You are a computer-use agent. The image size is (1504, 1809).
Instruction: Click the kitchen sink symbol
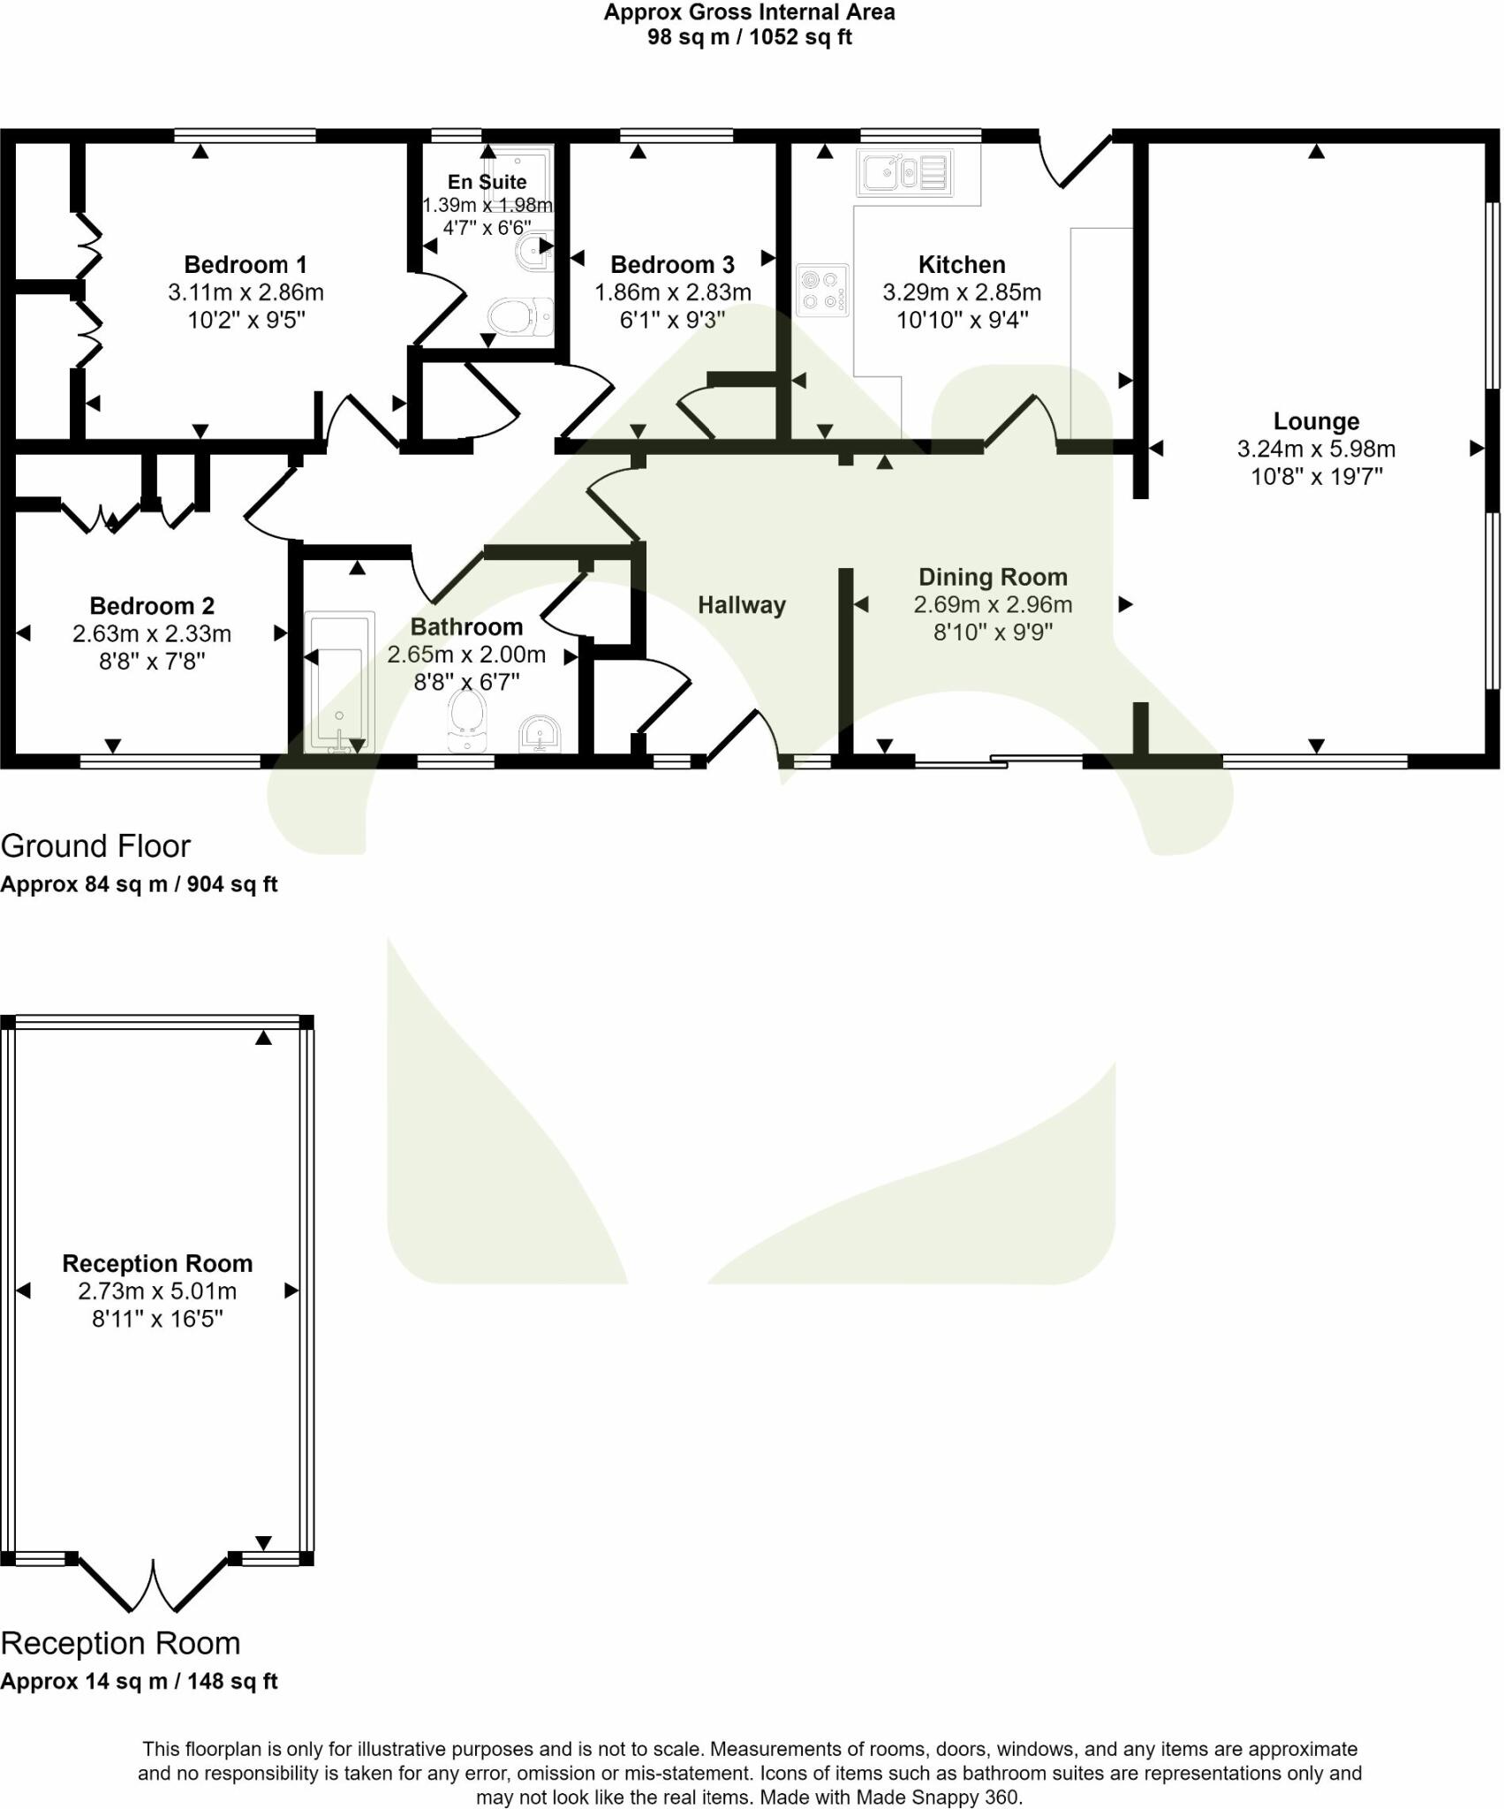pyautogui.click(x=905, y=171)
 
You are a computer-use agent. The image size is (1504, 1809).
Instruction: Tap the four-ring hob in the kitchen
pyautogui.click(x=821, y=290)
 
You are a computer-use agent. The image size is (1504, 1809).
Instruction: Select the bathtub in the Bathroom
pyautogui.click(x=339, y=682)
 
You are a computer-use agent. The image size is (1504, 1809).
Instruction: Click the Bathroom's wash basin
pyautogui.click(x=539, y=734)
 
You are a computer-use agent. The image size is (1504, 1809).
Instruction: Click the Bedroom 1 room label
pyautogui.click(x=245, y=264)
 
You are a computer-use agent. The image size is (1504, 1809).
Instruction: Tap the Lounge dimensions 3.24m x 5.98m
pyautogui.click(x=1315, y=449)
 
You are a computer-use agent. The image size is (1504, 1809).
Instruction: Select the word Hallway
pyautogui.click(x=741, y=605)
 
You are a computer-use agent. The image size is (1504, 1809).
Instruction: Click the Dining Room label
pyautogui.click(x=993, y=577)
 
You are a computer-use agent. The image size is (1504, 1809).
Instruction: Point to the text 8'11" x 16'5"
pyautogui.click(x=157, y=1319)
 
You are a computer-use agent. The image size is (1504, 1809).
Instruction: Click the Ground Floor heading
pyautogui.click(x=95, y=846)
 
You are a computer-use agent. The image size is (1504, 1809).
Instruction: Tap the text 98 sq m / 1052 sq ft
pyautogui.click(x=750, y=37)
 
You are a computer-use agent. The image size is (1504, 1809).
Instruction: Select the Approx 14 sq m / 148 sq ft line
pyautogui.click(x=139, y=1681)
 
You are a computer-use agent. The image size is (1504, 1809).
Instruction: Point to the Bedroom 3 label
pyautogui.click(x=672, y=264)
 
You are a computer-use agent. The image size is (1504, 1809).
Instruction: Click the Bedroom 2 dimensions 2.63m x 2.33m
pyautogui.click(x=152, y=633)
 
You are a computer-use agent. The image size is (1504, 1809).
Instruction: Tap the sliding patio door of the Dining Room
pyautogui.click(x=998, y=760)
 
